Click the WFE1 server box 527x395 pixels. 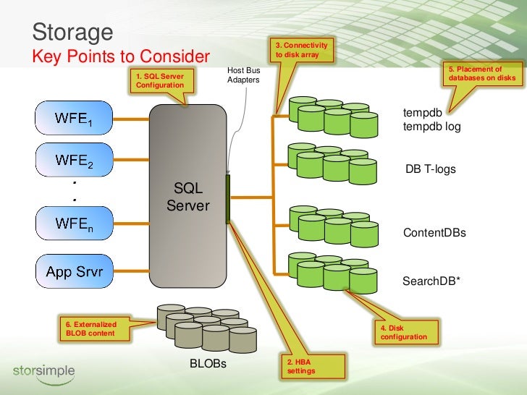click(x=74, y=118)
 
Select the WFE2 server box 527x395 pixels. click(x=75, y=160)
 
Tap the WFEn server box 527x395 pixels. click(x=75, y=224)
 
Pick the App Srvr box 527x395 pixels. click(x=75, y=271)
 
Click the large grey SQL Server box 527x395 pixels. click(x=188, y=196)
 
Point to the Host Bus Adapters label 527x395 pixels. click(x=243, y=75)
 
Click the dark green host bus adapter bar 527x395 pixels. click(x=228, y=199)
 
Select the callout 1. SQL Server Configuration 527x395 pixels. click(x=161, y=81)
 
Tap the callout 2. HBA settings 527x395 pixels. click(x=313, y=366)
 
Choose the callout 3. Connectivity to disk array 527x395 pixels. click(x=301, y=50)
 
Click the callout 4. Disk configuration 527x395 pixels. click(x=407, y=332)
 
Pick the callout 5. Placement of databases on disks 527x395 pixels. click(x=483, y=74)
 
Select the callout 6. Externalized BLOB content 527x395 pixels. click(x=94, y=329)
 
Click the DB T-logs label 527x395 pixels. click(x=431, y=169)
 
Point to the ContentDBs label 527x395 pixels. click(x=434, y=232)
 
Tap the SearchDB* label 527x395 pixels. click(x=431, y=281)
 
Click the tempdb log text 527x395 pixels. click(x=432, y=127)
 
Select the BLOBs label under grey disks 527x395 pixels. click(x=208, y=363)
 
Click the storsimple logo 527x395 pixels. click(x=44, y=373)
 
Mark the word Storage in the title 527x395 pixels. click(x=72, y=33)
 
